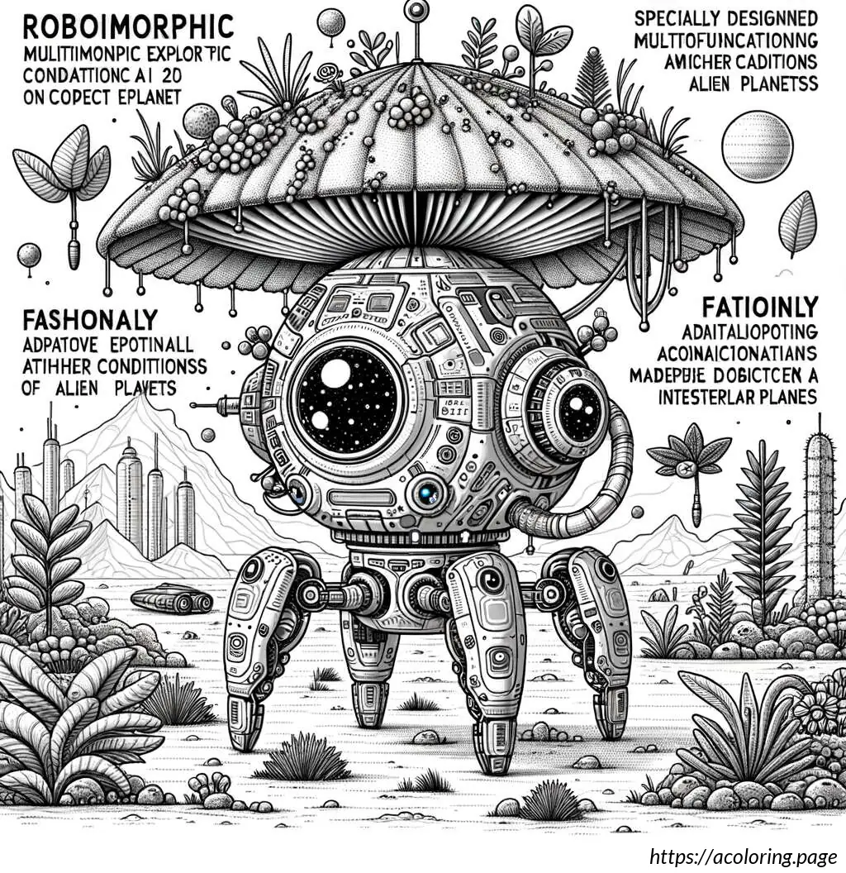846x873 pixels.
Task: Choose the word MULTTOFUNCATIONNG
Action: tap(723, 41)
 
